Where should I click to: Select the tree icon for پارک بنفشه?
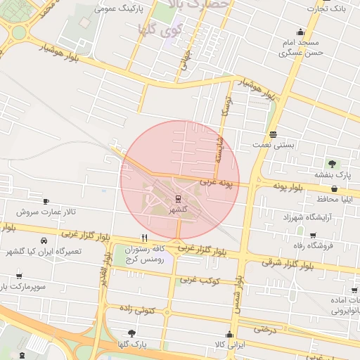click(x=332, y=163)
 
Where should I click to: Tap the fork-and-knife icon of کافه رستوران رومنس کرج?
click(x=144, y=238)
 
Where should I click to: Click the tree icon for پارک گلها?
click(x=131, y=333)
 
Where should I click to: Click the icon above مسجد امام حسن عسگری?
click(x=301, y=32)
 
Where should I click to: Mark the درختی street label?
click(x=264, y=328)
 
